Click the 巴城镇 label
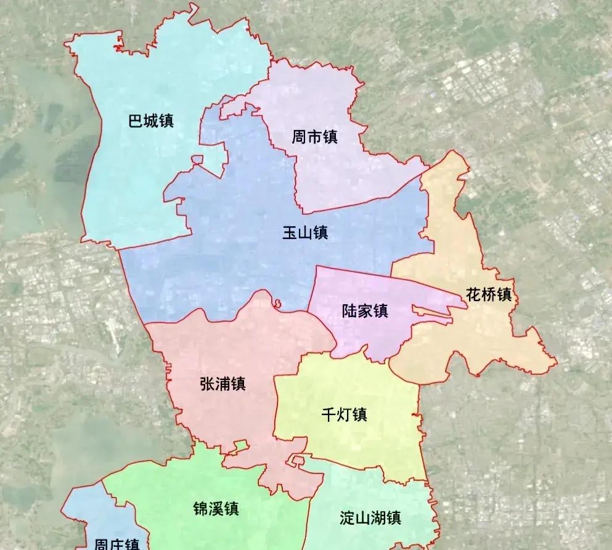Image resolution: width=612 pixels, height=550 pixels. [151, 120]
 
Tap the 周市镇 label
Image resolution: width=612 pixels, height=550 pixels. [314, 137]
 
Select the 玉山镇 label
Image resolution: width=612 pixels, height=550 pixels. [305, 233]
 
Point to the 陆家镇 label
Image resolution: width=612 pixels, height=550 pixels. [365, 310]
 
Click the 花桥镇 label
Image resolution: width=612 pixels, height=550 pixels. [489, 294]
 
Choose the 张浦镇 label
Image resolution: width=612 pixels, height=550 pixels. [223, 384]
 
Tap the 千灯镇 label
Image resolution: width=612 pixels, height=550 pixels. [345, 415]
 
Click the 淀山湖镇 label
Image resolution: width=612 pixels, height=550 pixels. [370, 517]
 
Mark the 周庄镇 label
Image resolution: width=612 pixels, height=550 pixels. [116, 544]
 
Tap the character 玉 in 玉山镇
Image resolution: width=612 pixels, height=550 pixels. [290, 233]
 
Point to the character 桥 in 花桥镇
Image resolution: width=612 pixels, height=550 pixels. [489, 294]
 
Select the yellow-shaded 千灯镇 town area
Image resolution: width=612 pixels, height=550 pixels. [370, 443]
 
